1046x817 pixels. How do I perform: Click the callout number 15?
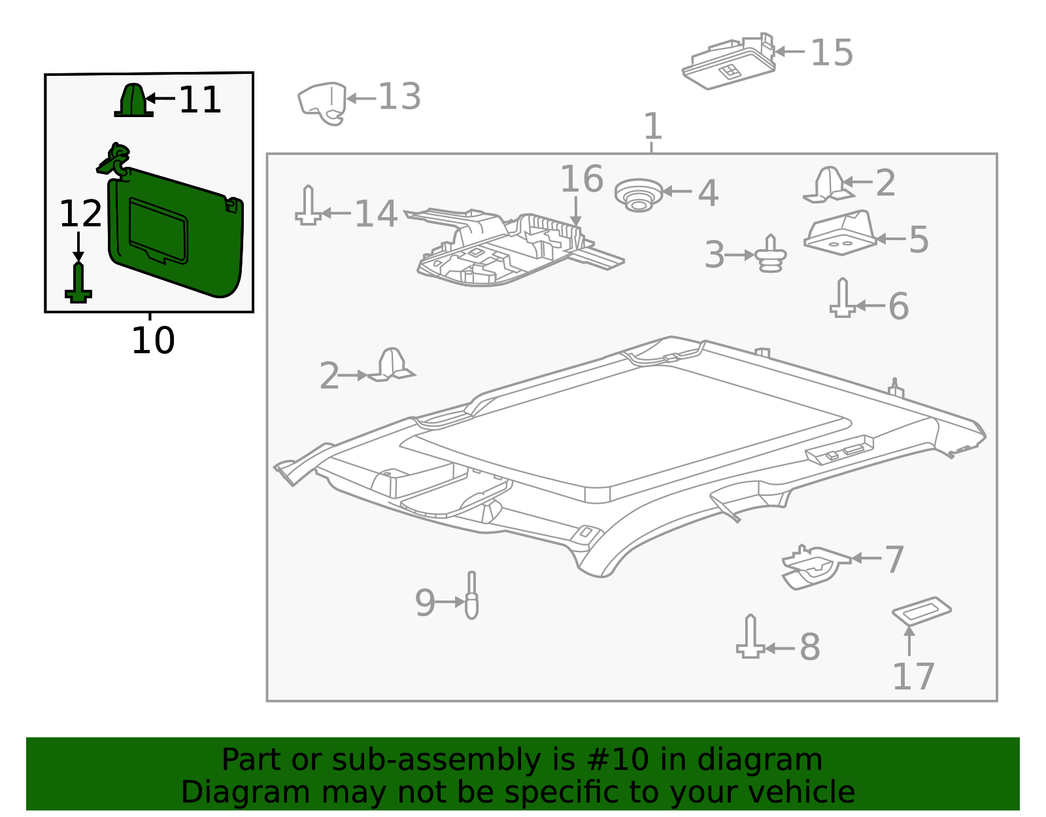click(832, 53)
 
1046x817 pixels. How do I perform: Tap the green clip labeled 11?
click(133, 101)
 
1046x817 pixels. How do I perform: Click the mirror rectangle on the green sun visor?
click(159, 230)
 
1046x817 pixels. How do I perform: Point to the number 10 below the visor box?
click(152, 341)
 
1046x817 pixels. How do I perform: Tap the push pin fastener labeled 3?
click(771, 254)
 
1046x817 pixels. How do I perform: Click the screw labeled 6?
click(843, 299)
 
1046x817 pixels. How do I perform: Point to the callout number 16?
click(581, 179)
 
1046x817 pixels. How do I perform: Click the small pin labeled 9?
click(471, 597)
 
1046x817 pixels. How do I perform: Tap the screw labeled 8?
click(751, 637)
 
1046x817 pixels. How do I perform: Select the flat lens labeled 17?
click(922, 610)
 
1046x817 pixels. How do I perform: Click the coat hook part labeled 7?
click(813, 566)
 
